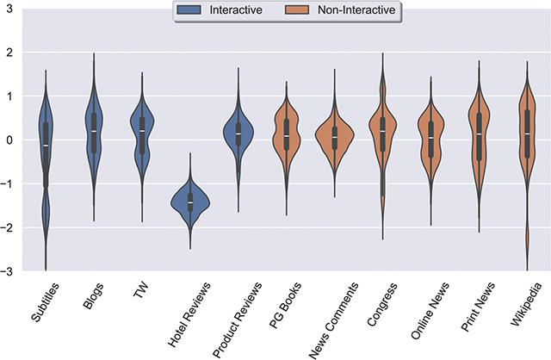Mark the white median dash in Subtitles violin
coord(46,146)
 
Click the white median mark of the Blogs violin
coord(94,131)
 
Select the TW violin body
coord(142,133)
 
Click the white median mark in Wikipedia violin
coord(527,133)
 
